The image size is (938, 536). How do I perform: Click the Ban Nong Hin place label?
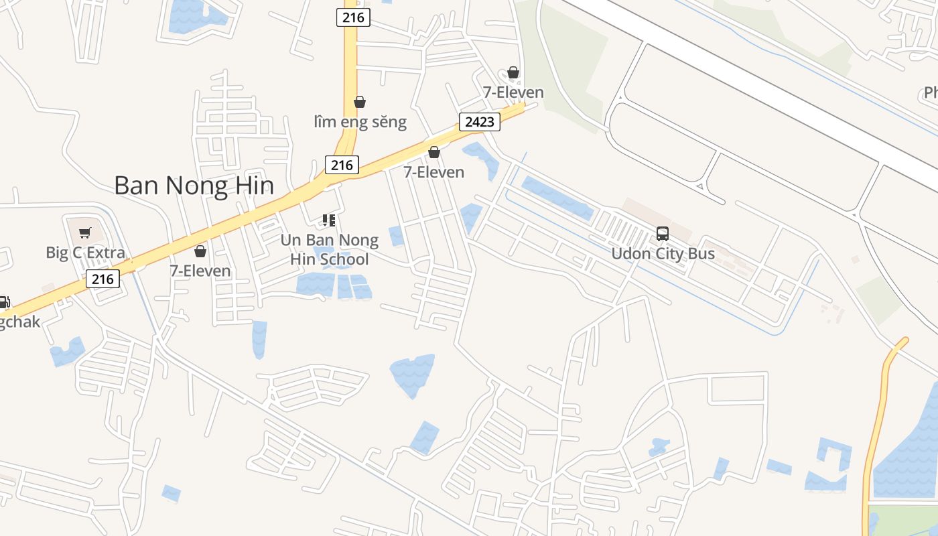194,186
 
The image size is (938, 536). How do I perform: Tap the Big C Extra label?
85,253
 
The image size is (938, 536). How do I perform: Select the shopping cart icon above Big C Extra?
85,233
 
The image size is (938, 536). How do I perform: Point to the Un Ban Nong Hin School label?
329,249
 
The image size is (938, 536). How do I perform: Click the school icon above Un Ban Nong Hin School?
328,220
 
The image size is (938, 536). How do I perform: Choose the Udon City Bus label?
663,254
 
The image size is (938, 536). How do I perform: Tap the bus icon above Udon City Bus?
663,234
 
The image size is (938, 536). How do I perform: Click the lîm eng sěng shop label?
360,122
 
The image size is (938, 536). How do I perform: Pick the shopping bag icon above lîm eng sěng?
360,102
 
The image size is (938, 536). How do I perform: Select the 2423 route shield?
480,121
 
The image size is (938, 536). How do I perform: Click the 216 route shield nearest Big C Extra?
103,279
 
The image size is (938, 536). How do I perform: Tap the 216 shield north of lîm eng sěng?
353,17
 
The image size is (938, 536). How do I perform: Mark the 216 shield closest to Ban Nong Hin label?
342,165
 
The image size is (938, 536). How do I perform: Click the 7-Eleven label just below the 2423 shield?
433,172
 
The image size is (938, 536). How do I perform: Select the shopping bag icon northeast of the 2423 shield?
513,72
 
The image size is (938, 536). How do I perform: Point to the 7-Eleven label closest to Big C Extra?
200,271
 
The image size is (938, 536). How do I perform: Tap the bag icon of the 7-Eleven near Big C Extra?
200,251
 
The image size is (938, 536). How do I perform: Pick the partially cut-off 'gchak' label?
19,322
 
